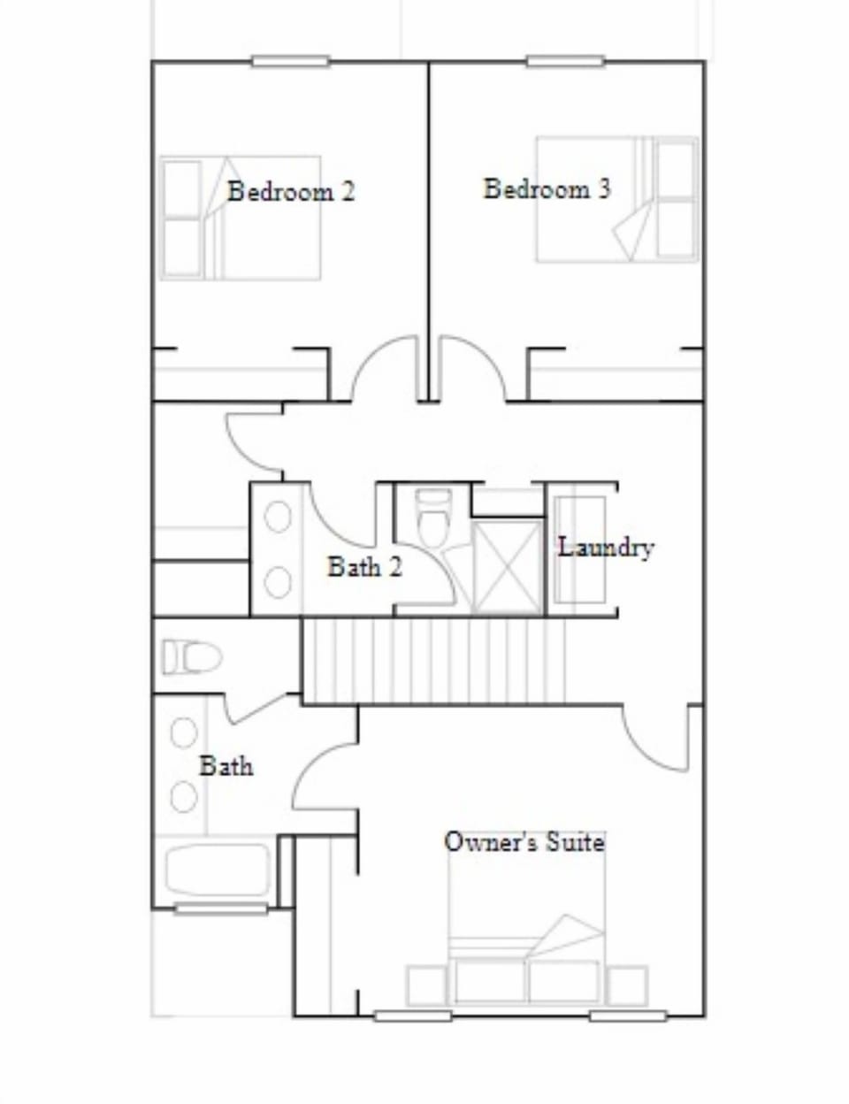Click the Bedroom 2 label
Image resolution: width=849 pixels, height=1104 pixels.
(x=291, y=191)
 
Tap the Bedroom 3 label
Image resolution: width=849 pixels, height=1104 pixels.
(x=547, y=188)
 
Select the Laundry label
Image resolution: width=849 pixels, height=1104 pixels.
(x=606, y=547)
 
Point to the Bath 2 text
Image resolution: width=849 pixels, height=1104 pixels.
(x=364, y=566)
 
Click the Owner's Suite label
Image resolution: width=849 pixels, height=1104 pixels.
(x=524, y=841)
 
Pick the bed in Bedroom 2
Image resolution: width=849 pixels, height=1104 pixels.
(x=241, y=218)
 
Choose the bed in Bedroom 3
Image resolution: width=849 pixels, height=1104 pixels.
(x=616, y=199)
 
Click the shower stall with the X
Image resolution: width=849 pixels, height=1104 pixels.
(x=507, y=566)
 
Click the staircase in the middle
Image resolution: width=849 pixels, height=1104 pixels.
(x=434, y=662)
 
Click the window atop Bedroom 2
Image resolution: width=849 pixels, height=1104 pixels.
(x=290, y=61)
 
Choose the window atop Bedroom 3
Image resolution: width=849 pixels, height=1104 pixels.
(x=566, y=61)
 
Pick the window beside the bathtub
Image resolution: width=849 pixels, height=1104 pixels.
(x=220, y=908)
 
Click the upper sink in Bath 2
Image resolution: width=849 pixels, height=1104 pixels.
(x=278, y=517)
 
